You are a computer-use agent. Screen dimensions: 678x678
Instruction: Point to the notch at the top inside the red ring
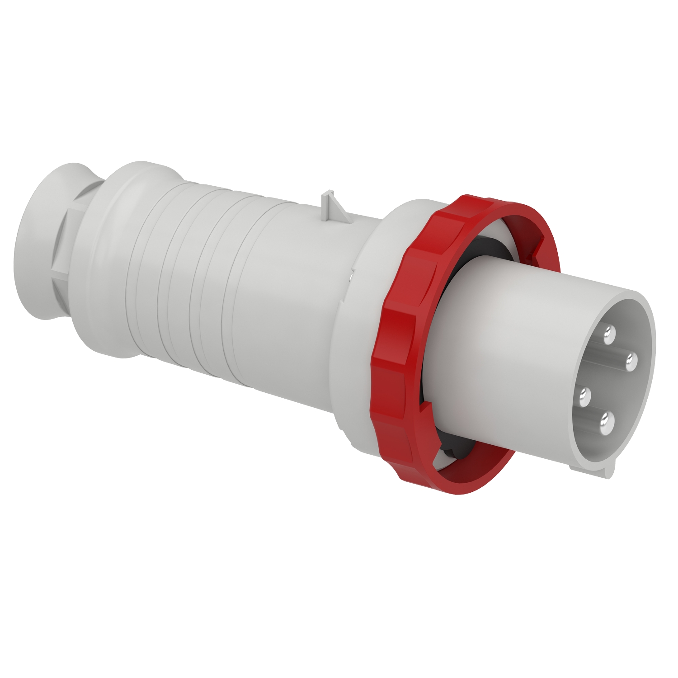tap(540, 244)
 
